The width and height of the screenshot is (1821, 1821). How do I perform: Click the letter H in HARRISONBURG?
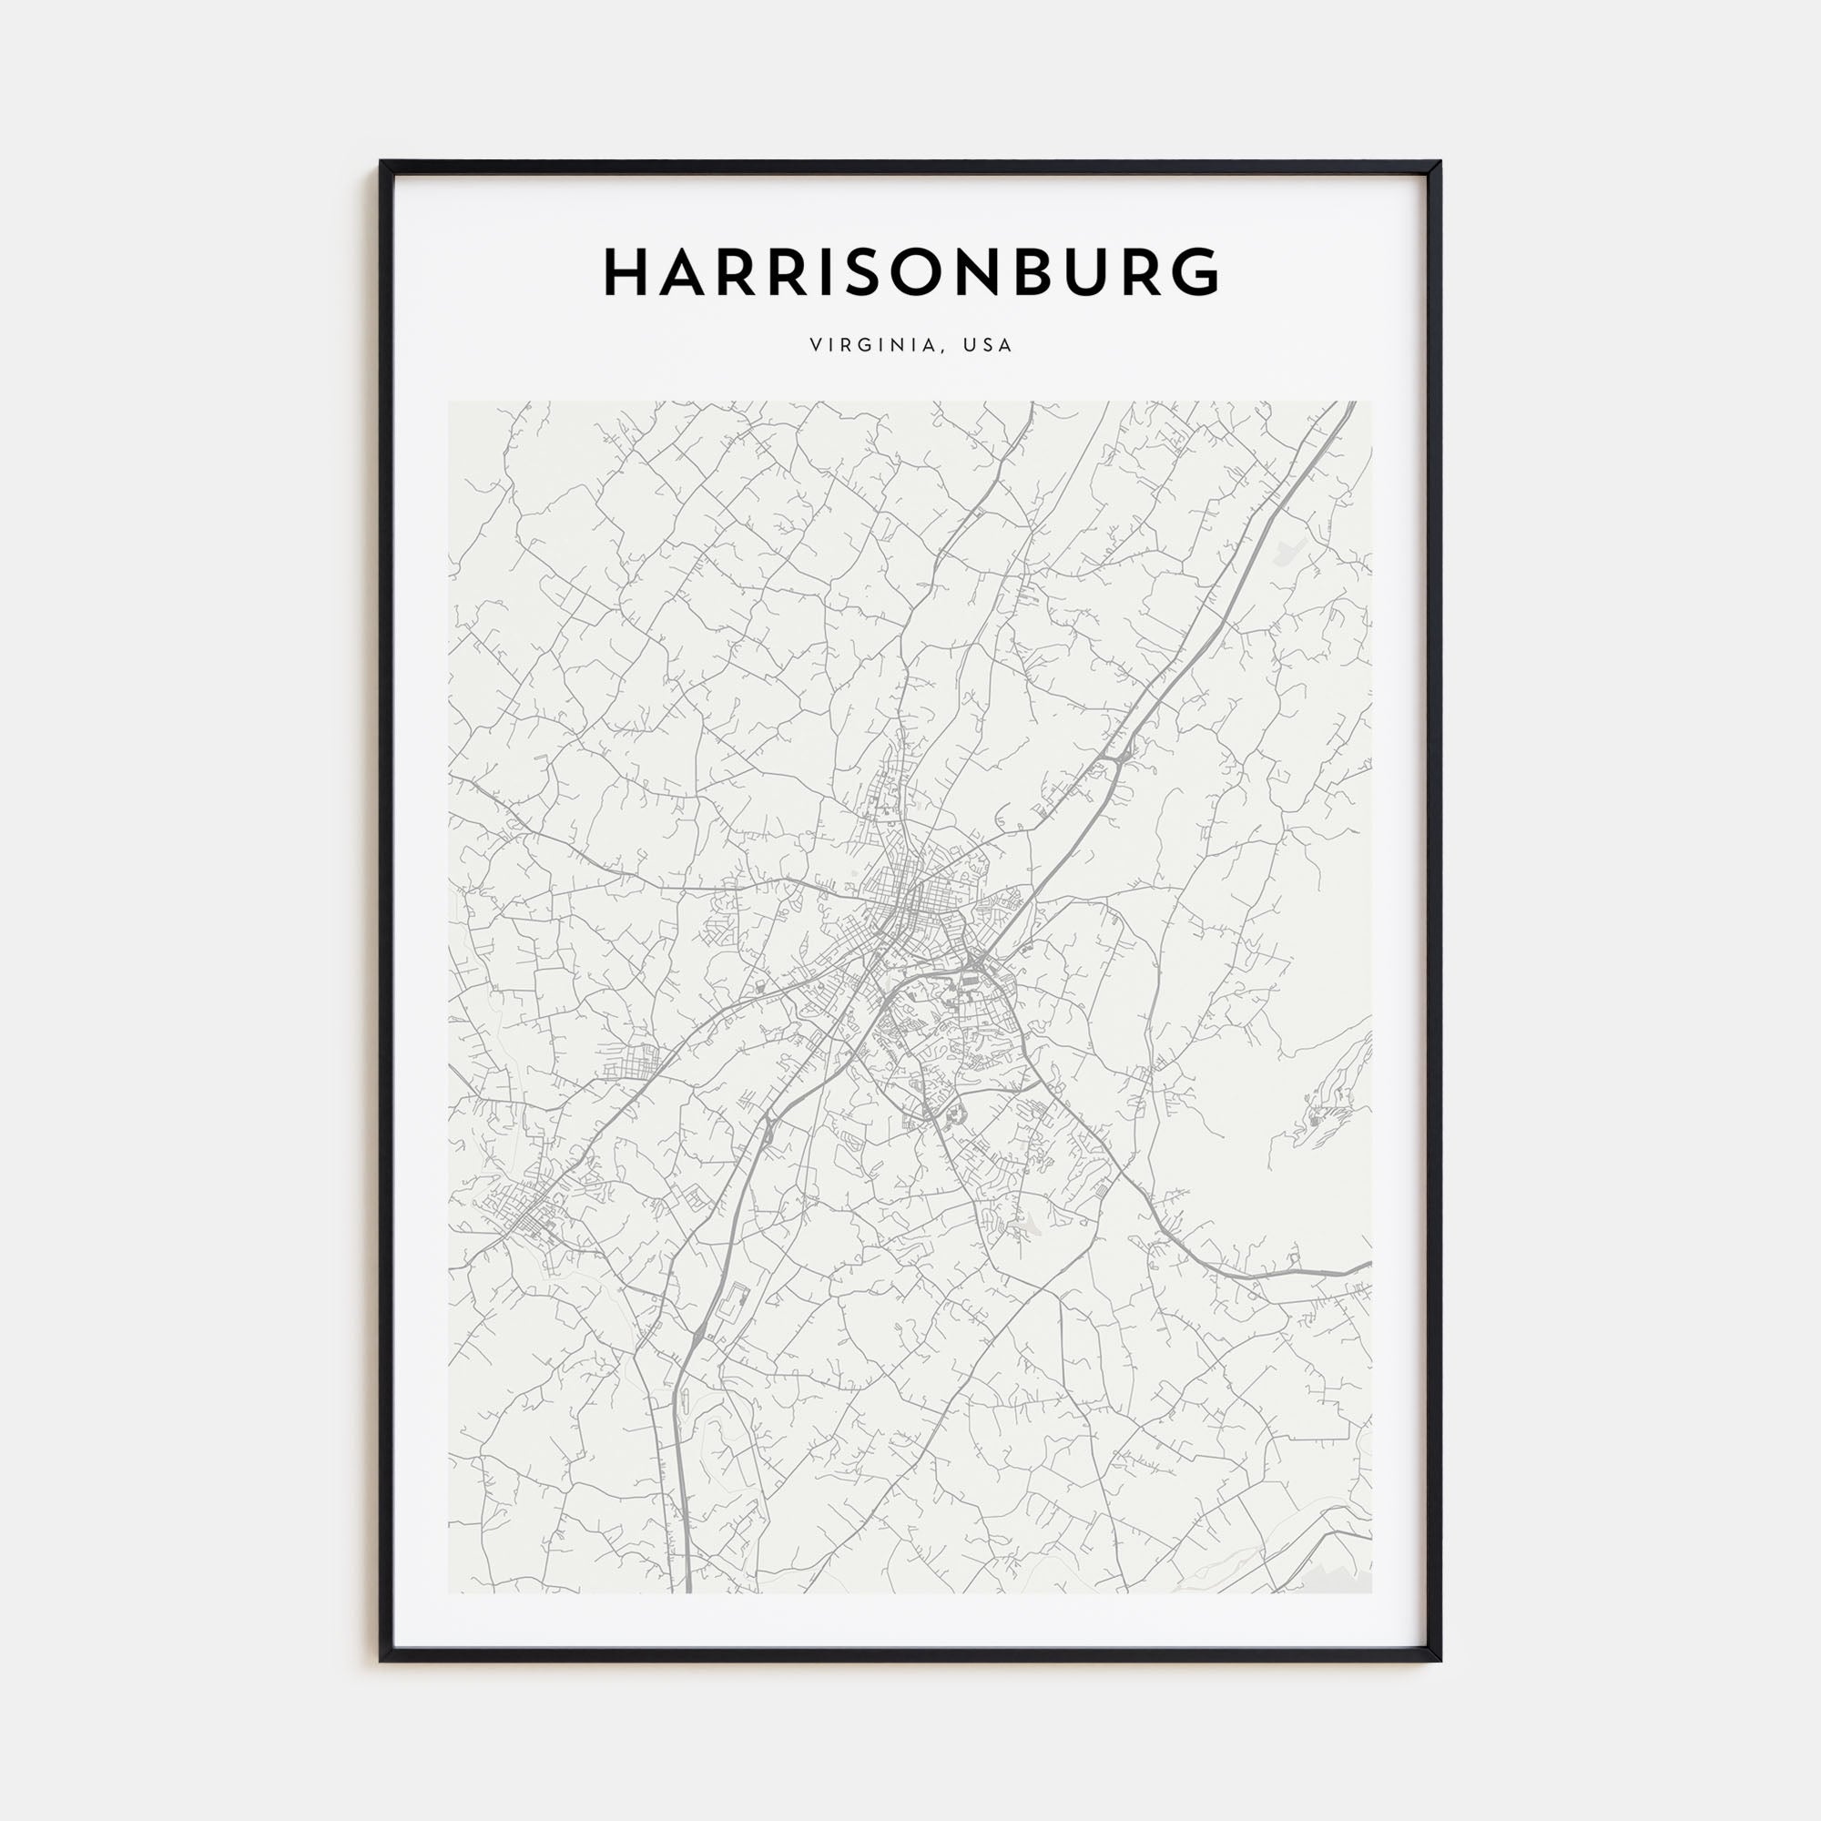pyautogui.click(x=626, y=272)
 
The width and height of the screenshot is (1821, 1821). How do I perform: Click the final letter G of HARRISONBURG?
pyautogui.click(x=1195, y=272)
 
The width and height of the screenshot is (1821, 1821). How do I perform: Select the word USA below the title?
pyautogui.click(x=988, y=345)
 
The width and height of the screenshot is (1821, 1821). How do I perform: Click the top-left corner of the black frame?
pyautogui.click(x=381, y=163)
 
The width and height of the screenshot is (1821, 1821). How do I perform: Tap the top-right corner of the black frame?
pyautogui.click(x=1440, y=163)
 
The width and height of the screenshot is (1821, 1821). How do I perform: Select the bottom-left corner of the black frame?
pyautogui.click(x=381, y=1659)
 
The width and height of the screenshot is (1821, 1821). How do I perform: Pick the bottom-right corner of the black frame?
pyautogui.click(x=1440, y=1659)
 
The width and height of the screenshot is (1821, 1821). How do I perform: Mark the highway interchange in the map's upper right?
pyautogui.click(x=1122, y=755)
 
